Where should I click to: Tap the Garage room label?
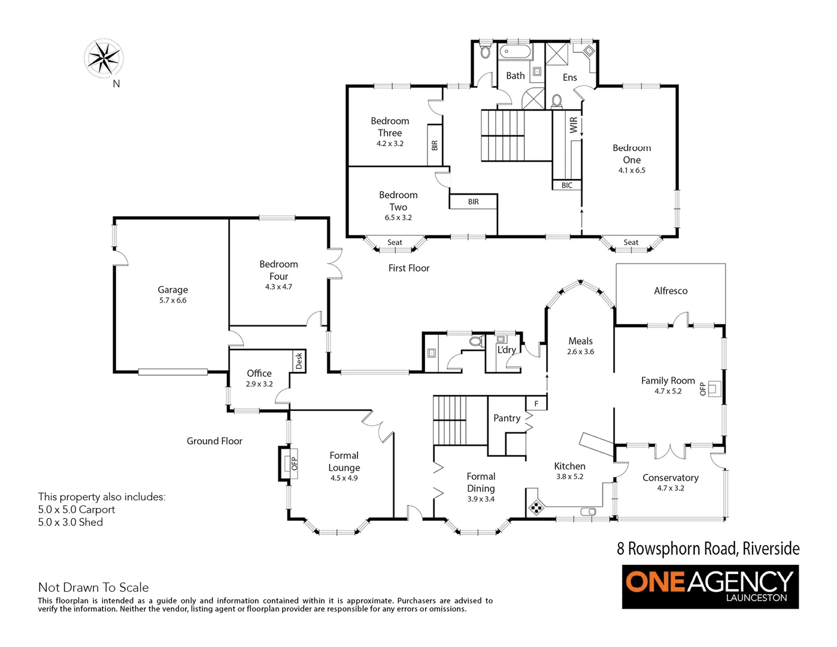tap(172, 289)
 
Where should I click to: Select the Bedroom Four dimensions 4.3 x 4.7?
tap(278, 287)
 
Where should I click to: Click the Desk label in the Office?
tap(299, 361)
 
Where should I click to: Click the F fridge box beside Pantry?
tap(536, 404)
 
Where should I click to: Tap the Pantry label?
tap(507, 418)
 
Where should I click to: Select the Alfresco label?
tap(671, 291)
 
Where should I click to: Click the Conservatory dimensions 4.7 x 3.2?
tap(671, 488)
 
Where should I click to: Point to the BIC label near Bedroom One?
tap(566, 185)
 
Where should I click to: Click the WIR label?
tap(574, 125)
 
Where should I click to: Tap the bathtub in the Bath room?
tap(515, 52)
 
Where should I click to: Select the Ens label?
tap(570, 77)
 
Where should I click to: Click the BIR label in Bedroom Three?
tap(435, 146)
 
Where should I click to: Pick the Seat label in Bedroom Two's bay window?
tap(395, 243)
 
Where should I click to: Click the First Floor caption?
tap(409, 268)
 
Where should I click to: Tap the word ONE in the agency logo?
tap(655, 583)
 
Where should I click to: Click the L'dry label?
tap(506, 349)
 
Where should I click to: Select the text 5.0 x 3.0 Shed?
tap(71, 522)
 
